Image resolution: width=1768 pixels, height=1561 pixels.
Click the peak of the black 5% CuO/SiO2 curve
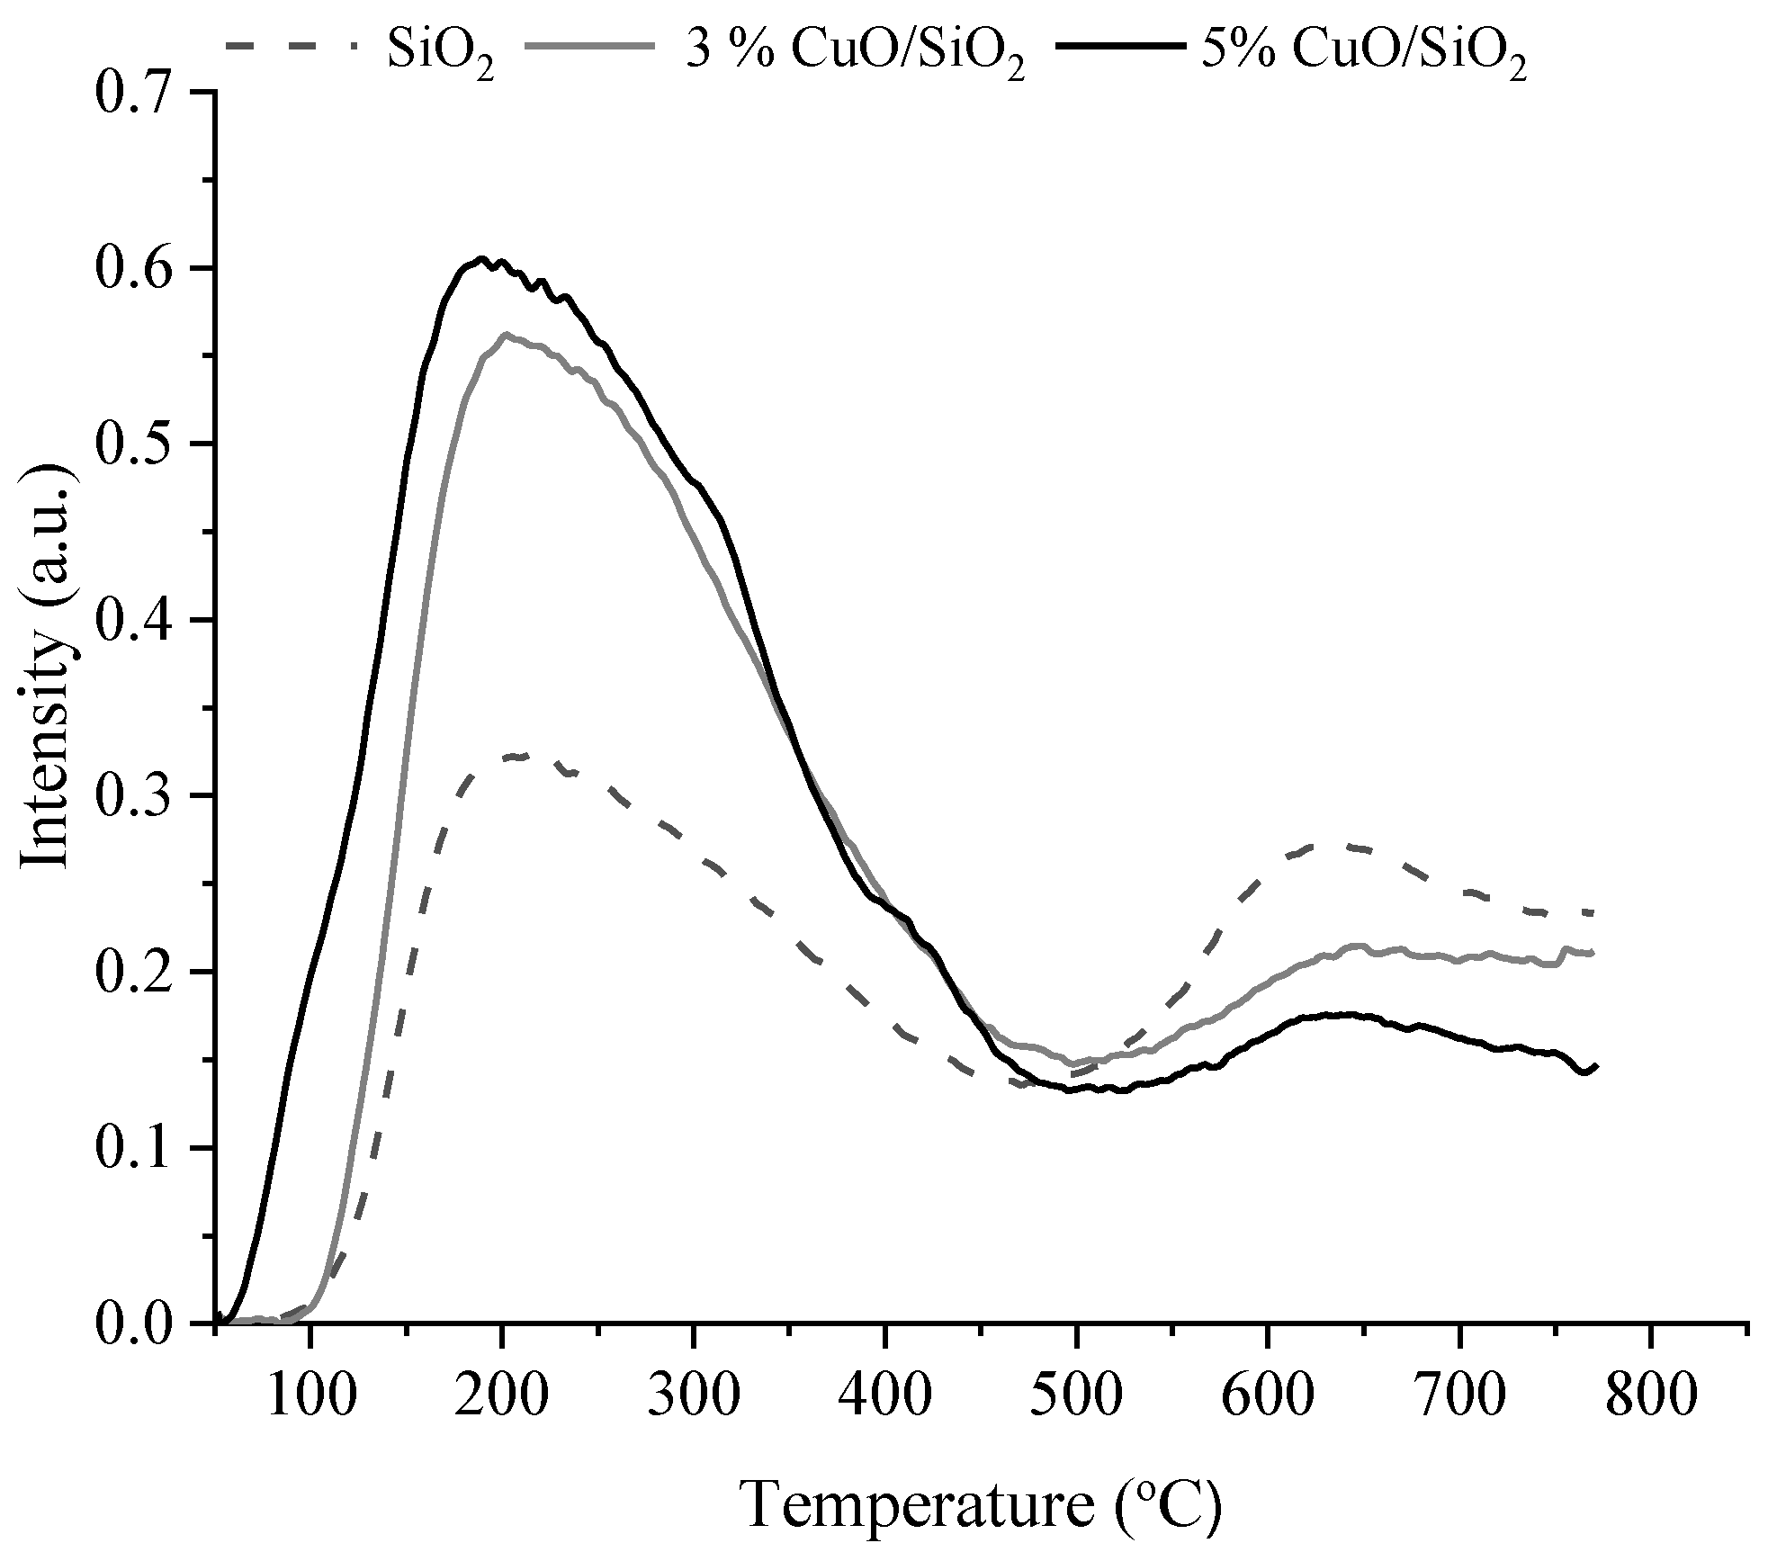(482, 259)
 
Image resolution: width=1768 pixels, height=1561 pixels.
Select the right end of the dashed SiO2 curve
(1593, 913)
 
